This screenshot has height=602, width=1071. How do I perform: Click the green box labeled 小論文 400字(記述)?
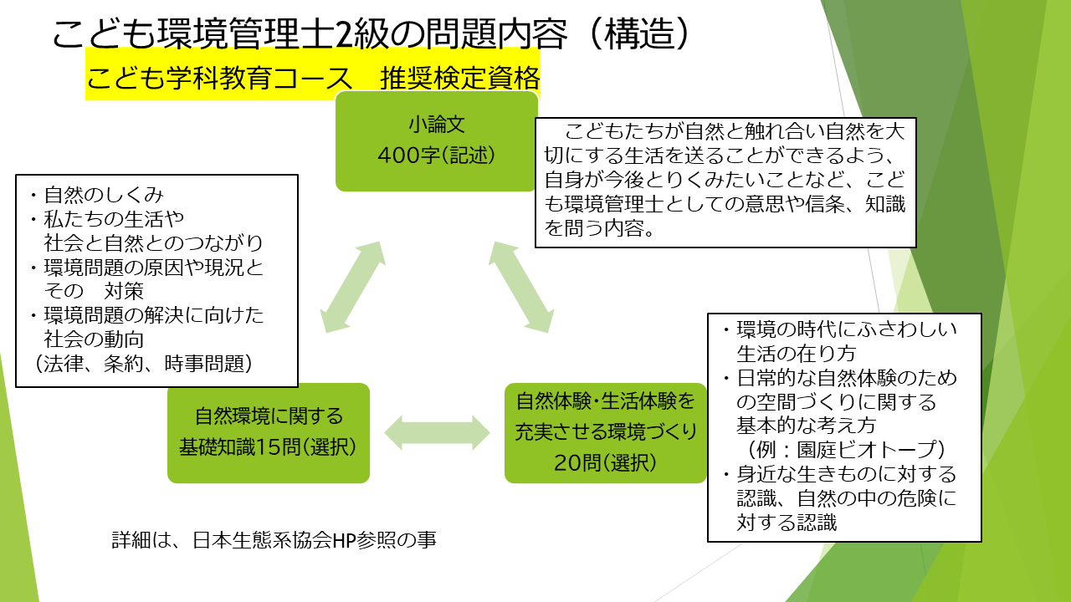point(436,141)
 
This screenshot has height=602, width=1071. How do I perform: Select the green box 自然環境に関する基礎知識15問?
point(268,432)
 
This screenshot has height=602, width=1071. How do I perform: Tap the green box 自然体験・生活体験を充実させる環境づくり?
point(605,432)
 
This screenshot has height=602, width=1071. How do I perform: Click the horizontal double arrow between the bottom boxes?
point(437,432)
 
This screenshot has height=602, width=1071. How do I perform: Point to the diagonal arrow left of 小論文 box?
point(352,287)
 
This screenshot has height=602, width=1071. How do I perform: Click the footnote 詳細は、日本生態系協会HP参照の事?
point(274,539)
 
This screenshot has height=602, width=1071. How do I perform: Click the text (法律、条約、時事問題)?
point(144,364)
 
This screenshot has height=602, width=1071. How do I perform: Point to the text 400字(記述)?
point(436,156)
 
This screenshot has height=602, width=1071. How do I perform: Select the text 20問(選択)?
point(605,462)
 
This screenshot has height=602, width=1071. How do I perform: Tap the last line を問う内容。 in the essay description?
point(599,229)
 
